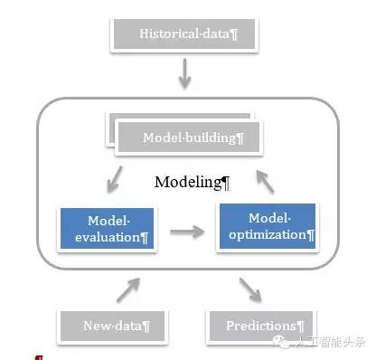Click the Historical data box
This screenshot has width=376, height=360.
coord(185,34)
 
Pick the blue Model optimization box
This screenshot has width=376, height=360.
coord(267,226)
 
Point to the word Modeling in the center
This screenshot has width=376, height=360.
coord(188,182)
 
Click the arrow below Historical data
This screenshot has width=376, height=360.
coord(185,75)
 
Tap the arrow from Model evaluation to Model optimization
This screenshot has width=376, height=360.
coord(187,232)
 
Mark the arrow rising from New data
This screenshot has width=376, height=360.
coord(127,289)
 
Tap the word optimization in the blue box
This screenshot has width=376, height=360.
coord(266,233)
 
